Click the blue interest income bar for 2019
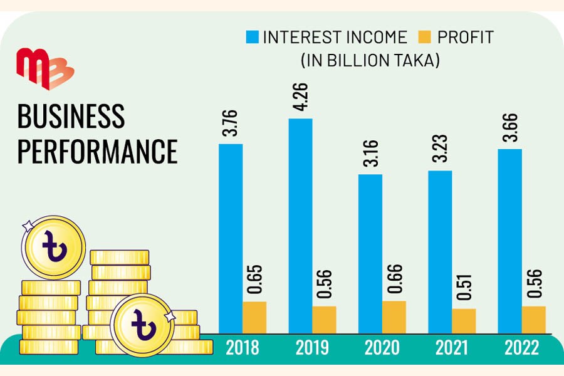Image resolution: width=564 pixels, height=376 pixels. tap(300, 225)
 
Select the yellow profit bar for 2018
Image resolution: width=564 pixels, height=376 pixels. tap(254, 316)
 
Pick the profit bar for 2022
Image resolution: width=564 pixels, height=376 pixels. tap(533, 319)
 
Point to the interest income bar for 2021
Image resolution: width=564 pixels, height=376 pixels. tap(440, 251)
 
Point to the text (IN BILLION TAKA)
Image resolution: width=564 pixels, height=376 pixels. tap(370, 61)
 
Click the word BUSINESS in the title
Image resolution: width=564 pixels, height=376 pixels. tap(71, 117)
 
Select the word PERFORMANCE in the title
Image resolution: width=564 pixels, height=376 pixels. tap(97, 151)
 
